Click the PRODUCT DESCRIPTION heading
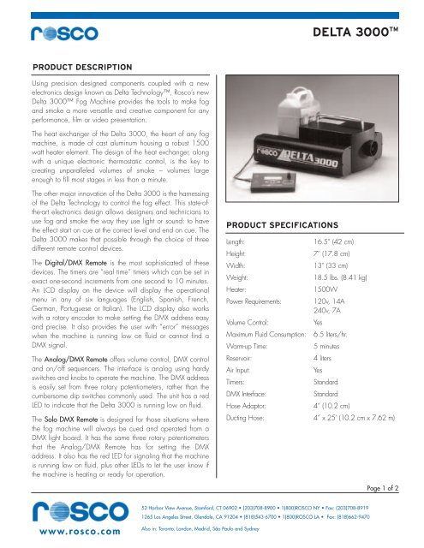pos(81,66)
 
